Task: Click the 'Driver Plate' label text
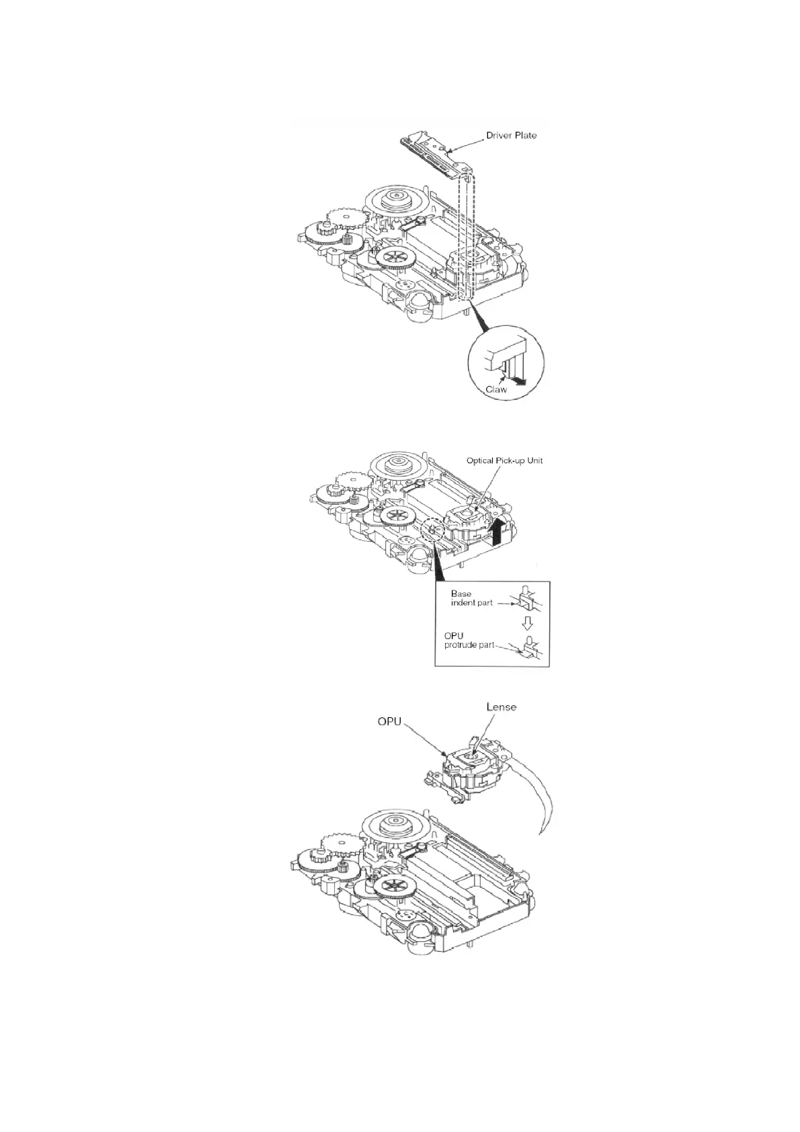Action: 511,135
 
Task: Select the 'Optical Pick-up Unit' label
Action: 504,460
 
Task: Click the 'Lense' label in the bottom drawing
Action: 501,707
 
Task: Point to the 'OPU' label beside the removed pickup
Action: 389,722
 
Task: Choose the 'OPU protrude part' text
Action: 469,641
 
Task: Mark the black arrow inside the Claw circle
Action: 518,381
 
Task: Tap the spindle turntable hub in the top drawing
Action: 392,198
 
